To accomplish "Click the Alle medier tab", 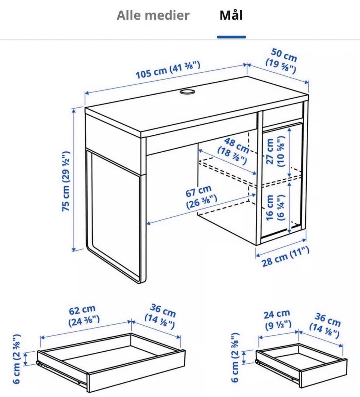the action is click(x=153, y=15).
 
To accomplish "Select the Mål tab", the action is click(x=231, y=15).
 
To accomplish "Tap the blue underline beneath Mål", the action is click(x=231, y=37).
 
